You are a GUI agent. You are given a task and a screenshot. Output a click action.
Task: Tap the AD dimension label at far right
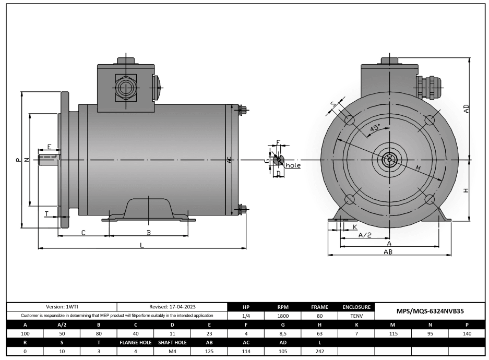click(466, 109)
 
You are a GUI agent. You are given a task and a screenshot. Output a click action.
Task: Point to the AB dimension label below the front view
click(388, 251)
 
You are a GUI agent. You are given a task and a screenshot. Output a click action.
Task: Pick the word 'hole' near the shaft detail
click(293, 165)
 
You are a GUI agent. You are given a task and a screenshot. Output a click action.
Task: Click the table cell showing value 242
click(319, 351)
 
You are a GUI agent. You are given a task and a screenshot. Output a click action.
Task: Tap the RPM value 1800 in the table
click(282, 316)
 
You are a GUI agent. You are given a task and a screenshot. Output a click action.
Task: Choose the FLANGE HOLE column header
click(135, 342)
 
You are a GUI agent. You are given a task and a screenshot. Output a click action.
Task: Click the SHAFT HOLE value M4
click(172, 351)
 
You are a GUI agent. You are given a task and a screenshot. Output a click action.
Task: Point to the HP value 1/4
click(246, 316)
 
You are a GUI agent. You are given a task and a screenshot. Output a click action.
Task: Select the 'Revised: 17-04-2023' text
click(172, 307)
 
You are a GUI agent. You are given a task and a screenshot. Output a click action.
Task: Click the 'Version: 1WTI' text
click(62, 307)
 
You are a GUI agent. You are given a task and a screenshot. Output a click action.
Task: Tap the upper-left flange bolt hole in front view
click(349, 120)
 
